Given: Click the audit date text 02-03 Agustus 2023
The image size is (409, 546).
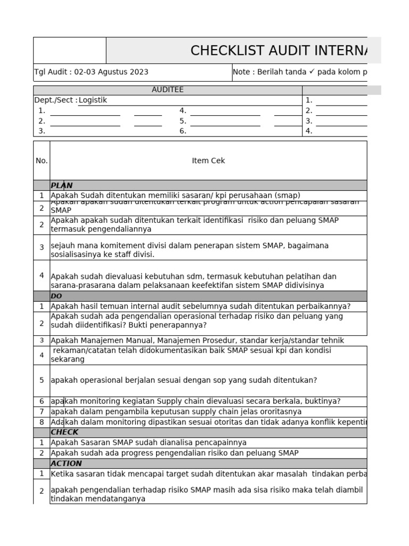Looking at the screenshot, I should pos(111,72).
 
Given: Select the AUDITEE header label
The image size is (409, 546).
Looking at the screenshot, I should pos(167,90).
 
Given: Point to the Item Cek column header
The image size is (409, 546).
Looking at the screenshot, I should pos(208,160).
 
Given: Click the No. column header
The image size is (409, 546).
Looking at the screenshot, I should pos(42,160).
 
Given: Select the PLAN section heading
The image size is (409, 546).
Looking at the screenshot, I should pos(62,186).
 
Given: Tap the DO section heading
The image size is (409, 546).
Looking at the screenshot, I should pos(56,296).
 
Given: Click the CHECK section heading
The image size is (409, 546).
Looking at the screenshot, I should pos(64,432).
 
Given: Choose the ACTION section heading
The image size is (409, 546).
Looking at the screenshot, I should pos(66,463).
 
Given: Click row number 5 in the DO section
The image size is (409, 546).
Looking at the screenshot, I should pos(42,380).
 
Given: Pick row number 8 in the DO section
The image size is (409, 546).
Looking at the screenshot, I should pos(42,422).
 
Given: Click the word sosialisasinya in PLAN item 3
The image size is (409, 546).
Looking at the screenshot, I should pos(76,254).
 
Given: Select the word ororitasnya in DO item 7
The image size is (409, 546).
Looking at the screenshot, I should pos(277,412).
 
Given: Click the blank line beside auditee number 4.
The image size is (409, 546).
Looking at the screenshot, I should pos(225,111).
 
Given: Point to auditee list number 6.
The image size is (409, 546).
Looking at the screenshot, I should pos(183,131).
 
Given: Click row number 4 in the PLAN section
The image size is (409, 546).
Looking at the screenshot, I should pos(42,275).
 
